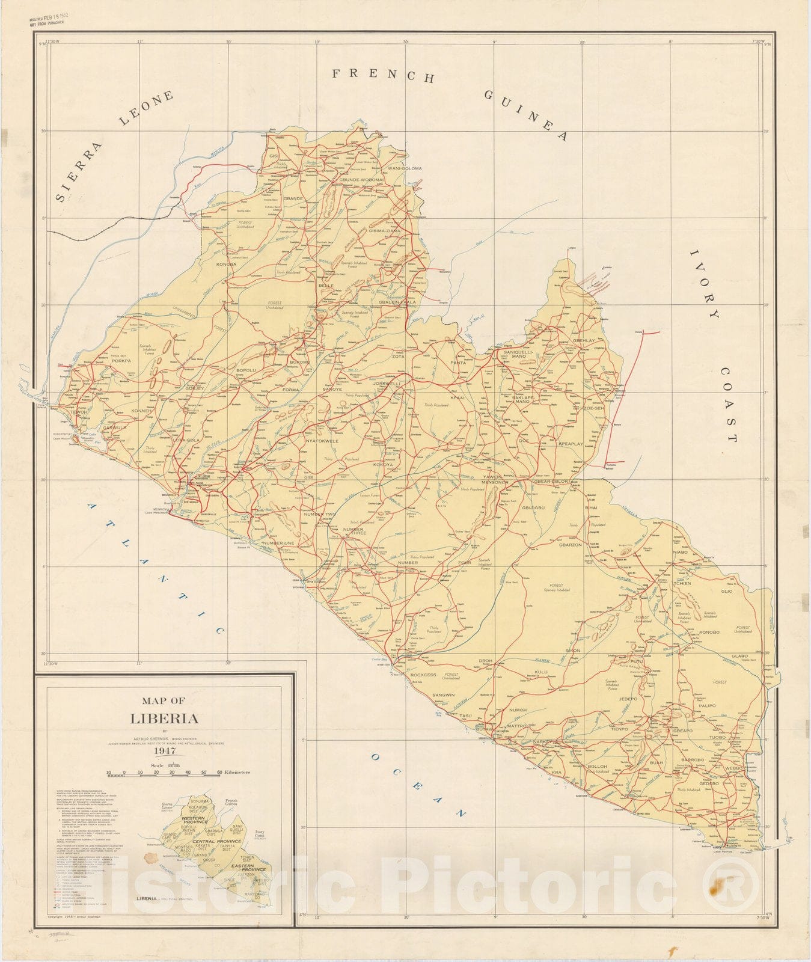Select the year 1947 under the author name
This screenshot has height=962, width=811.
pyautogui.click(x=164, y=751)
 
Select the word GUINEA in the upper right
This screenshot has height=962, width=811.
pyautogui.click(x=525, y=115)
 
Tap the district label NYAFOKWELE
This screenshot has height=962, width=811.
pyautogui.click(x=322, y=441)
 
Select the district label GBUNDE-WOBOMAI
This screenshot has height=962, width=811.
pyautogui.click(x=361, y=180)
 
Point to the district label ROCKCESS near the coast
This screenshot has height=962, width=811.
pyautogui.click(x=423, y=675)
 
